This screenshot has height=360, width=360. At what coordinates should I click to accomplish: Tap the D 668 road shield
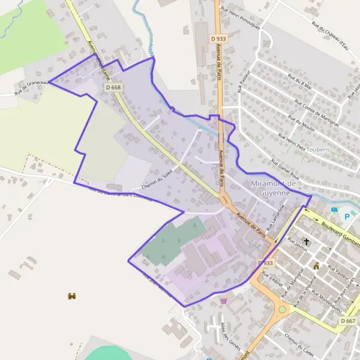[113, 88]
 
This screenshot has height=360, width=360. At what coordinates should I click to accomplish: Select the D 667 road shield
[347, 321]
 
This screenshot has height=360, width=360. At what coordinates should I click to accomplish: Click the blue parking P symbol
[347, 217]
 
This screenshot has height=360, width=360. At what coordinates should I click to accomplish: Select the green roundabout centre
[282, 310]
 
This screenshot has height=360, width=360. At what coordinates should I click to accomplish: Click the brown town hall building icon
[317, 265]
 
